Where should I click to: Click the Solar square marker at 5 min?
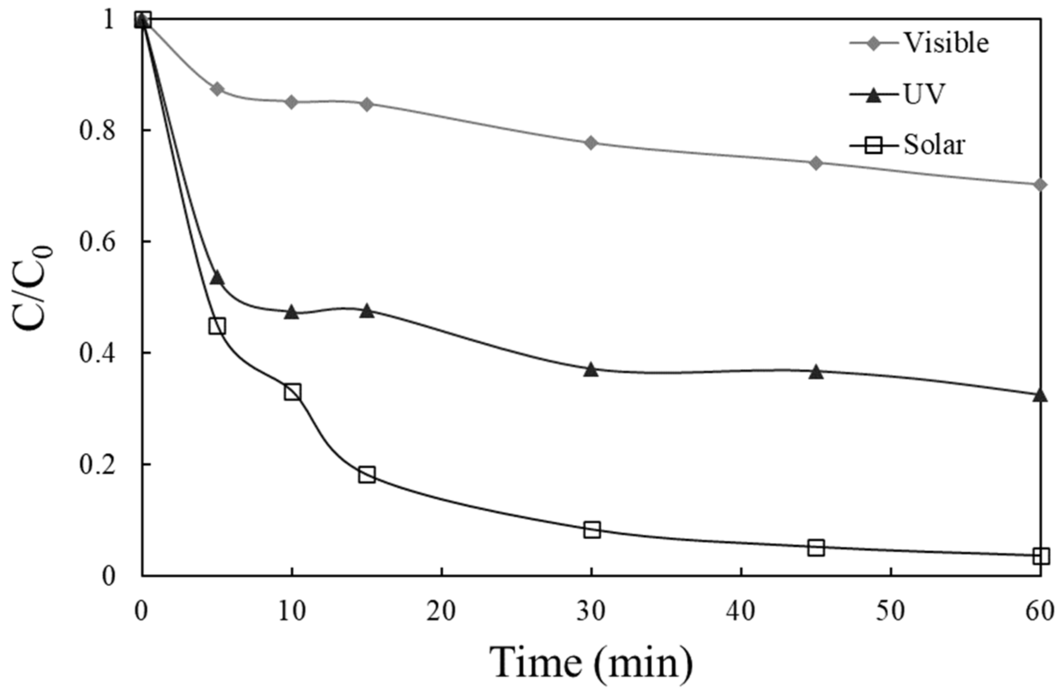pos(217,326)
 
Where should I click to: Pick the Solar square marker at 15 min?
pos(367,474)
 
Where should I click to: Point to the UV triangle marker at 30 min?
pos(591,370)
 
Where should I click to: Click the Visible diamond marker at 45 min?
pos(816,163)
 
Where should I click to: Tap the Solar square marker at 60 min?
pos(1041,556)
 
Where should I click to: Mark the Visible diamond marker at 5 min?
pos(217,89)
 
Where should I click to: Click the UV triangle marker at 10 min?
pos(292,312)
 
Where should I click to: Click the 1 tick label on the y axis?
pos(107,20)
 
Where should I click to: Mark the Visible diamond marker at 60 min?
pos(1040,185)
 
